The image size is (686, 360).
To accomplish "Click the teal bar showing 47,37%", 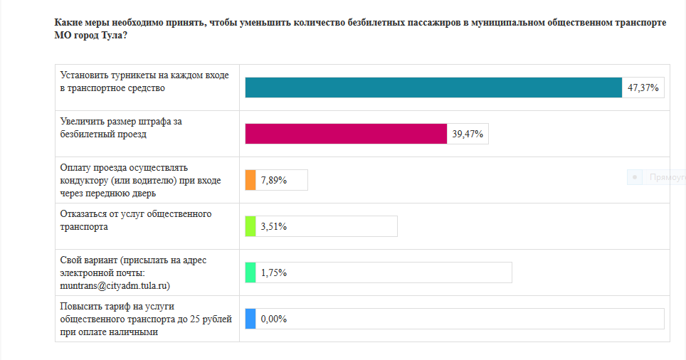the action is pyautogui.click(x=433, y=88).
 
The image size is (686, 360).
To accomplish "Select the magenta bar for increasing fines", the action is pyautogui.click(x=346, y=134).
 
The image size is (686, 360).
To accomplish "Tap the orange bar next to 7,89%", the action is pyautogui.click(x=250, y=180).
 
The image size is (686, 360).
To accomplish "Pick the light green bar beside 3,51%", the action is pyautogui.click(x=250, y=226).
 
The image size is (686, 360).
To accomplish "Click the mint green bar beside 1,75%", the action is pyautogui.click(x=250, y=272).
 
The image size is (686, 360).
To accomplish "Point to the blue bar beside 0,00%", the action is pyautogui.click(x=250, y=319).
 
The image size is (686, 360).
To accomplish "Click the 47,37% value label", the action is pyautogui.click(x=643, y=88).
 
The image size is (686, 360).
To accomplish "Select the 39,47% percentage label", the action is pyautogui.click(x=468, y=134).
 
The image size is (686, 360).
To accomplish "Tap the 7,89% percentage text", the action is pyautogui.click(x=274, y=180).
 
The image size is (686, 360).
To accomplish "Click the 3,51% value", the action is pyautogui.click(x=274, y=226).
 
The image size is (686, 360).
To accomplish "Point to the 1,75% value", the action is pyautogui.click(x=274, y=273).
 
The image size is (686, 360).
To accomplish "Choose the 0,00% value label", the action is pyautogui.click(x=274, y=319).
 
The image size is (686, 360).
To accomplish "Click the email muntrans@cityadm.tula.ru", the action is pyautogui.click(x=115, y=285).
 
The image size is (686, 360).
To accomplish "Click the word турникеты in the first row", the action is pyautogui.click(x=132, y=75).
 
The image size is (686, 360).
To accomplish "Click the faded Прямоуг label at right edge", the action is pyautogui.click(x=667, y=177).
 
